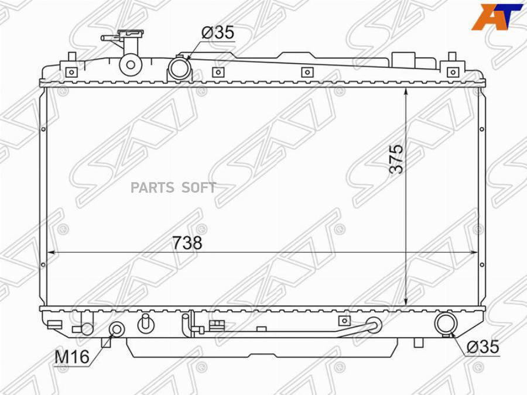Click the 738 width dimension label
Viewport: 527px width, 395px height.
click(187, 242)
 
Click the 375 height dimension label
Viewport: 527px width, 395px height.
click(396, 159)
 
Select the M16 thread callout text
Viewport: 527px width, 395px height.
click(72, 356)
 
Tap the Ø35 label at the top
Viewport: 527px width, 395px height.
click(217, 33)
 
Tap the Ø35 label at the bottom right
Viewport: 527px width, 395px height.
click(482, 346)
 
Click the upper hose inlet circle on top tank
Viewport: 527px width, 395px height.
click(179, 67)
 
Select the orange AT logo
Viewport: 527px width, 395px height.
click(497, 17)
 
